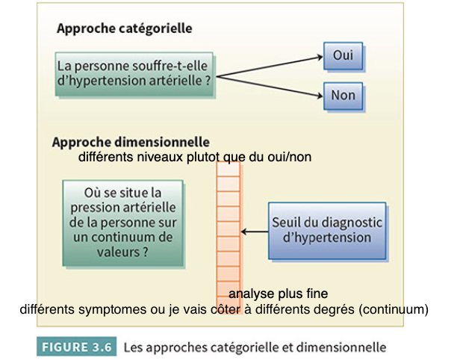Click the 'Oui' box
[343, 55]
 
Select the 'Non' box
[343, 95]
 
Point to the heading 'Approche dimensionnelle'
[131, 141]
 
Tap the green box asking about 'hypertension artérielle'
[134, 74]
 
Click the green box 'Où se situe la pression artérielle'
[122, 223]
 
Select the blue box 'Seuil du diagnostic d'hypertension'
[327, 231]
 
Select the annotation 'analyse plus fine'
[278, 294]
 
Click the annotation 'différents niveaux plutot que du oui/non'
[194, 158]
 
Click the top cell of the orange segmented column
[228, 167]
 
